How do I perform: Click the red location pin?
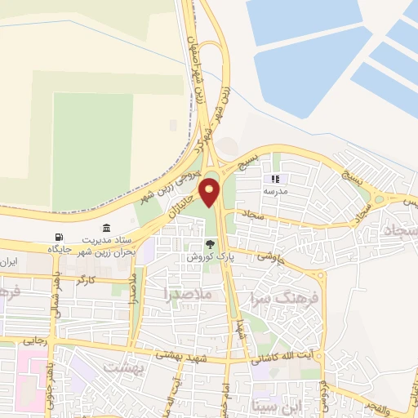point(210,192)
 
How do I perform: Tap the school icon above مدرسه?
point(275,179)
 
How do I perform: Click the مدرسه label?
point(275,190)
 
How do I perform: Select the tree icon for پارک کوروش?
point(211,243)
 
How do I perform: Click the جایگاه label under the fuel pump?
point(56,247)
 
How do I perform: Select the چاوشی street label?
point(269,256)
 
